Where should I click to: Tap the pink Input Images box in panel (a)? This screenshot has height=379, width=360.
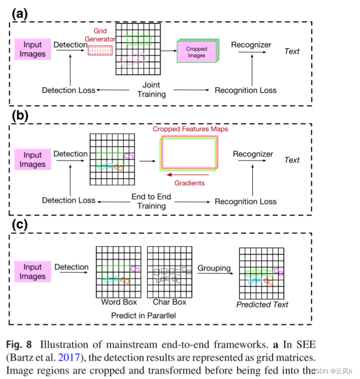coord(32,50)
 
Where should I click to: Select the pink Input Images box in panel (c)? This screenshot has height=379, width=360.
coord(32,271)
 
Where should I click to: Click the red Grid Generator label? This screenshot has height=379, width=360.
coord(104,36)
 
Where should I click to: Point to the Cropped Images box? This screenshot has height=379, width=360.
coord(197,52)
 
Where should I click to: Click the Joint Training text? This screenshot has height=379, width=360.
coord(151,90)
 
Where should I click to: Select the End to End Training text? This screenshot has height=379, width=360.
coord(151,201)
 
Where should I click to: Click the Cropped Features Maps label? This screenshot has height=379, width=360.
coord(190,129)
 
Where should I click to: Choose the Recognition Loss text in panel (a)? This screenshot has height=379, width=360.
coord(245,90)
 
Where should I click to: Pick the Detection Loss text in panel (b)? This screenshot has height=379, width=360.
coord(69,200)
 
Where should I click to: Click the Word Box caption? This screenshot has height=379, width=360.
coord(119,302)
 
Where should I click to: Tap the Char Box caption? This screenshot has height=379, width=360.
coord(169,302)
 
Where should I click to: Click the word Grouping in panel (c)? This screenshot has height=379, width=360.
coord(214,268)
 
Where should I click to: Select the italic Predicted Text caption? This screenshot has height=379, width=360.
coord(262,304)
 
